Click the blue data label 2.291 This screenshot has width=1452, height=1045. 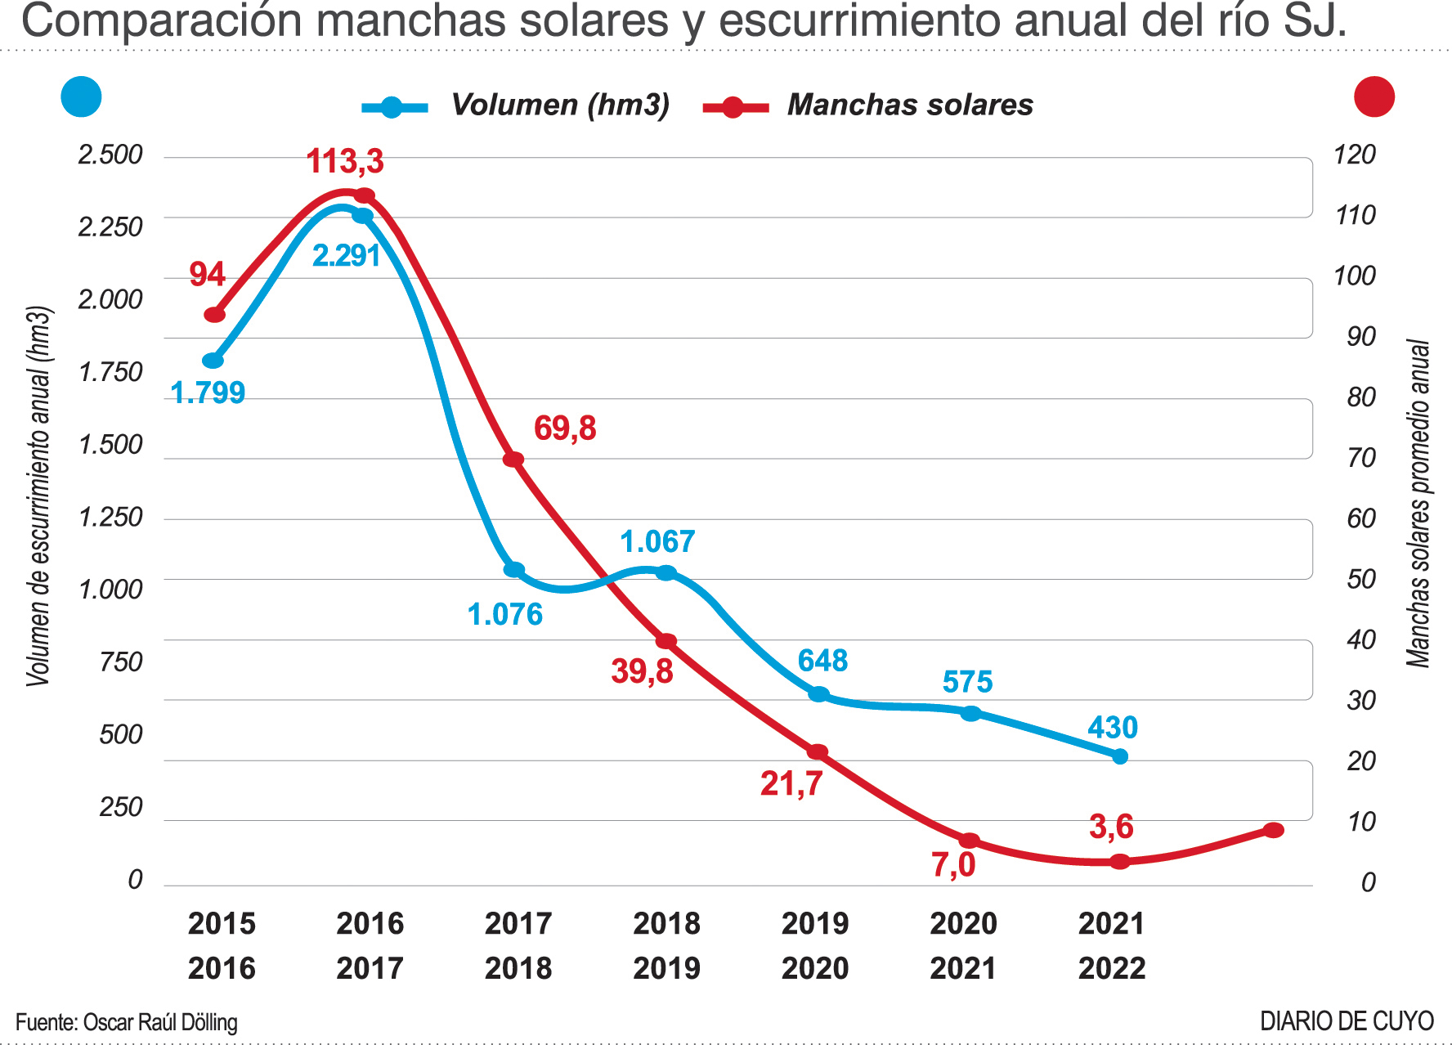coord(347,256)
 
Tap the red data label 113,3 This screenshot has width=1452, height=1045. coord(345,161)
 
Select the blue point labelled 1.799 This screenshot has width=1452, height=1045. coord(213,361)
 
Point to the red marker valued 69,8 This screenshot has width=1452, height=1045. coord(513,460)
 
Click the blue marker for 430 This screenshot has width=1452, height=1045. coord(1120,756)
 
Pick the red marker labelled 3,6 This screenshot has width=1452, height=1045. coord(1120,861)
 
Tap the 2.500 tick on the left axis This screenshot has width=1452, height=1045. coord(110,155)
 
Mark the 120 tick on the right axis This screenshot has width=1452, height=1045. coord(1355,155)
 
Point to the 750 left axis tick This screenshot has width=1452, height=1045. coord(121,662)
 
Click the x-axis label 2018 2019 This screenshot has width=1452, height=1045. coord(666,946)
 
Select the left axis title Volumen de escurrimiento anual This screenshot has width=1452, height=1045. coord(38,496)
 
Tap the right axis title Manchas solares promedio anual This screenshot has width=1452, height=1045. coord(1418,503)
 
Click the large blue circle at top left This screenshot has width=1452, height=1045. coord(82,96)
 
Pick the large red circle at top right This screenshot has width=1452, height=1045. coord(1374,96)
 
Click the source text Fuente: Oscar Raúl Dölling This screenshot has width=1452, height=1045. coord(127,1022)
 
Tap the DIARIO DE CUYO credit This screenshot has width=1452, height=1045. coord(1347,1021)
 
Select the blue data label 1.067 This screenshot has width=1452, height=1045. coord(657,541)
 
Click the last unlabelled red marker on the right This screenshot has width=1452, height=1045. coord(1273,830)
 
